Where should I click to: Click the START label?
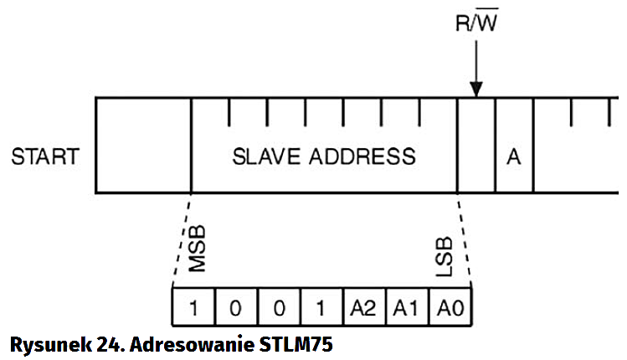(x=45, y=157)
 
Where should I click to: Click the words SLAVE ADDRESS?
(x=323, y=157)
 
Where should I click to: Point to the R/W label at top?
(x=475, y=23)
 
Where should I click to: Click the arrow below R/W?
(x=475, y=71)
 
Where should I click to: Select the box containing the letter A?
(x=514, y=157)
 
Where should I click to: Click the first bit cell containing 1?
(x=193, y=308)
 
